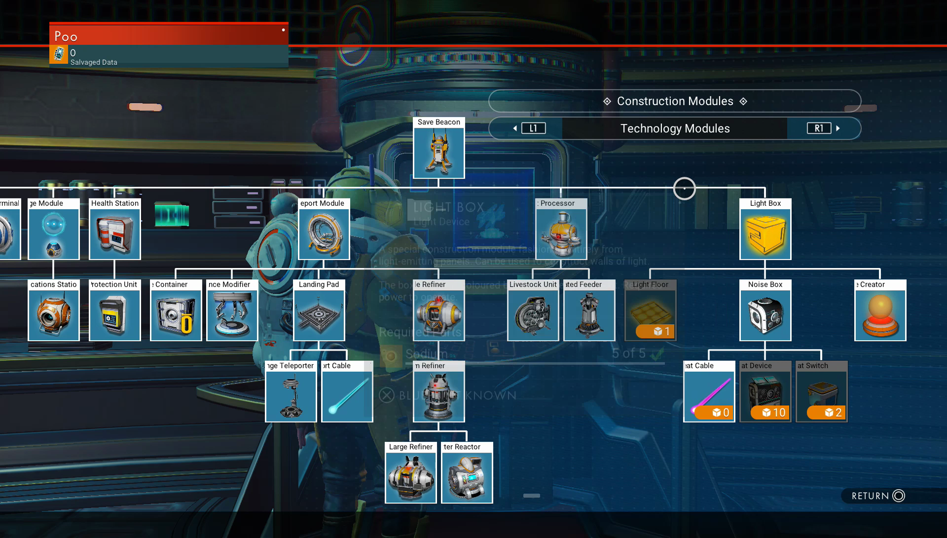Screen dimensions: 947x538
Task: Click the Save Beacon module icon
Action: click(x=438, y=153)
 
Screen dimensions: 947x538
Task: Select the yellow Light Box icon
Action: click(x=765, y=234)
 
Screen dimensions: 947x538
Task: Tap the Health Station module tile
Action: click(x=115, y=234)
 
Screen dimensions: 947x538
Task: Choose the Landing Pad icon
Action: click(x=319, y=315)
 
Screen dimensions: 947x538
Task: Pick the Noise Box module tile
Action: click(x=765, y=315)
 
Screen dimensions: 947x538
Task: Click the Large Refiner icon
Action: click(x=410, y=477)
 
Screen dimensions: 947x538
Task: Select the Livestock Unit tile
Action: click(x=533, y=315)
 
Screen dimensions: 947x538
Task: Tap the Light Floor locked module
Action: click(x=650, y=311)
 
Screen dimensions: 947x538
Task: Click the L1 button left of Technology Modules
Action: click(x=533, y=128)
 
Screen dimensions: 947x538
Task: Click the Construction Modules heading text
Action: click(x=675, y=101)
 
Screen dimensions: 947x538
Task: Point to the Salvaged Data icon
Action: click(x=59, y=54)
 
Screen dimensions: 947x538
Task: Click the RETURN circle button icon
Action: click(x=899, y=496)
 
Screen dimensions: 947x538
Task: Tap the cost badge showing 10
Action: click(x=773, y=413)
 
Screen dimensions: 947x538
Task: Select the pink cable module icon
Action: click(x=709, y=392)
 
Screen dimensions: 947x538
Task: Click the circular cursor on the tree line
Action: click(x=685, y=189)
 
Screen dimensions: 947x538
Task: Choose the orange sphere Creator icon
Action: click(x=880, y=315)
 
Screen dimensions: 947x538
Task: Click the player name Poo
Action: click(x=66, y=37)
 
